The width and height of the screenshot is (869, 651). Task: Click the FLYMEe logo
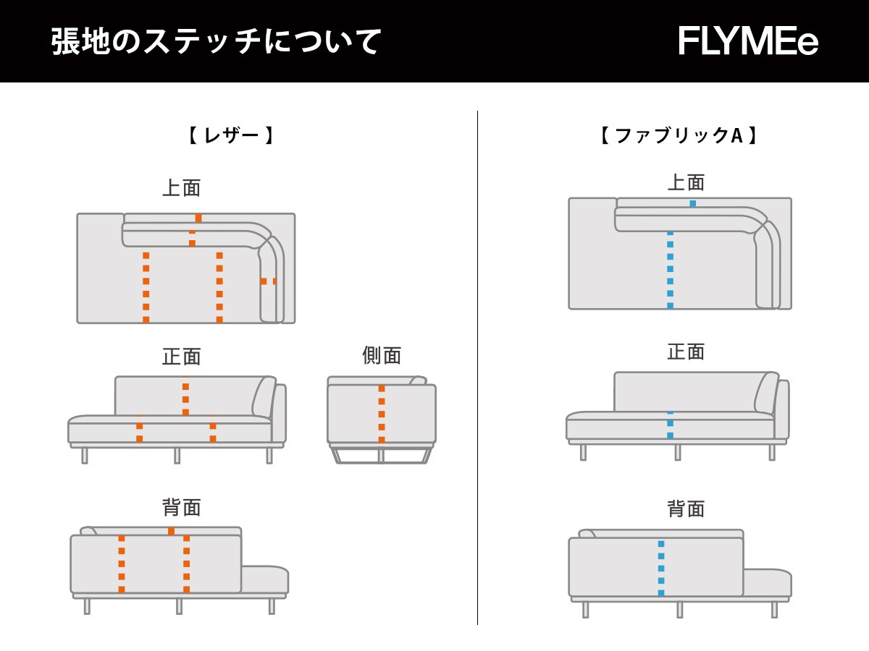click(748, 41)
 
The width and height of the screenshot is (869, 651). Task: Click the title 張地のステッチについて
click(216, 41)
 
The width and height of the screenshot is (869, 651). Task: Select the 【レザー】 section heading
click(231, 135)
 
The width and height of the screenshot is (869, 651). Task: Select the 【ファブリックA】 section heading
click(679, 135)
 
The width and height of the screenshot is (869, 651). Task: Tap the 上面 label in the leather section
click(181, 188)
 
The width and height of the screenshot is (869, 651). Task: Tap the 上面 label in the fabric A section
click(686, 182)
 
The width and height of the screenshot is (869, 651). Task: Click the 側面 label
click(382, 355)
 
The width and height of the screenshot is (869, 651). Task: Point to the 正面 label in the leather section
click(181, 357)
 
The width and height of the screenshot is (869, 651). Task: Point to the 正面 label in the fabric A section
click(686, 352)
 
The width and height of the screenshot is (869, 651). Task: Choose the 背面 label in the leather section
click(181, 507)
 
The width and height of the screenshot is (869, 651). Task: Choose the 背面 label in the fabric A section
click(686, 509)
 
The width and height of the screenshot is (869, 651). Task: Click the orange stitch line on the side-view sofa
click(382, 414)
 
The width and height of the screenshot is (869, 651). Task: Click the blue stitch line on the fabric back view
click(661, 568)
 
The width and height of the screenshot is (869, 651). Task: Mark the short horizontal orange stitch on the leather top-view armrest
click(269, 281)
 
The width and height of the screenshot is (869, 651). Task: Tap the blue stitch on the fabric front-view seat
click(670, 425)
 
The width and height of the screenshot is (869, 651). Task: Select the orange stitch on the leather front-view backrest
click(185, 399)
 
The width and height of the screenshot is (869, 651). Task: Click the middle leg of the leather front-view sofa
click(177, 455)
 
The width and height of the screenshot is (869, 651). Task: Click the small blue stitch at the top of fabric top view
click(693, 203)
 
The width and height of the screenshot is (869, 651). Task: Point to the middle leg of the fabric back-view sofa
click(679, 610)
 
